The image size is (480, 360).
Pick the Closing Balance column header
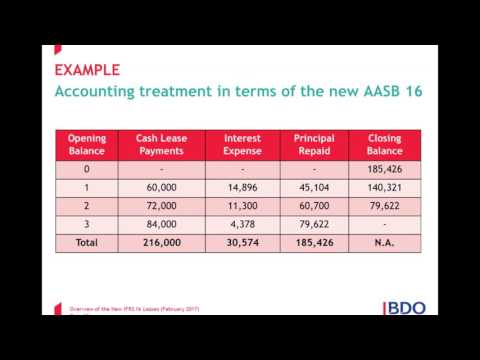click(x=385, y=144)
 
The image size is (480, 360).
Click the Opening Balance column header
click(x=86, y=144)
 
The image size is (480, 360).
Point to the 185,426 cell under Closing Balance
click(x=385, y=169)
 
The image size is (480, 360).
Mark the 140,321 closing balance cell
click(x=385, y=187)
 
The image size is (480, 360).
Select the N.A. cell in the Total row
click(x=385, y=243)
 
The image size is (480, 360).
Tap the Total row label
click(x=86, y=243)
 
